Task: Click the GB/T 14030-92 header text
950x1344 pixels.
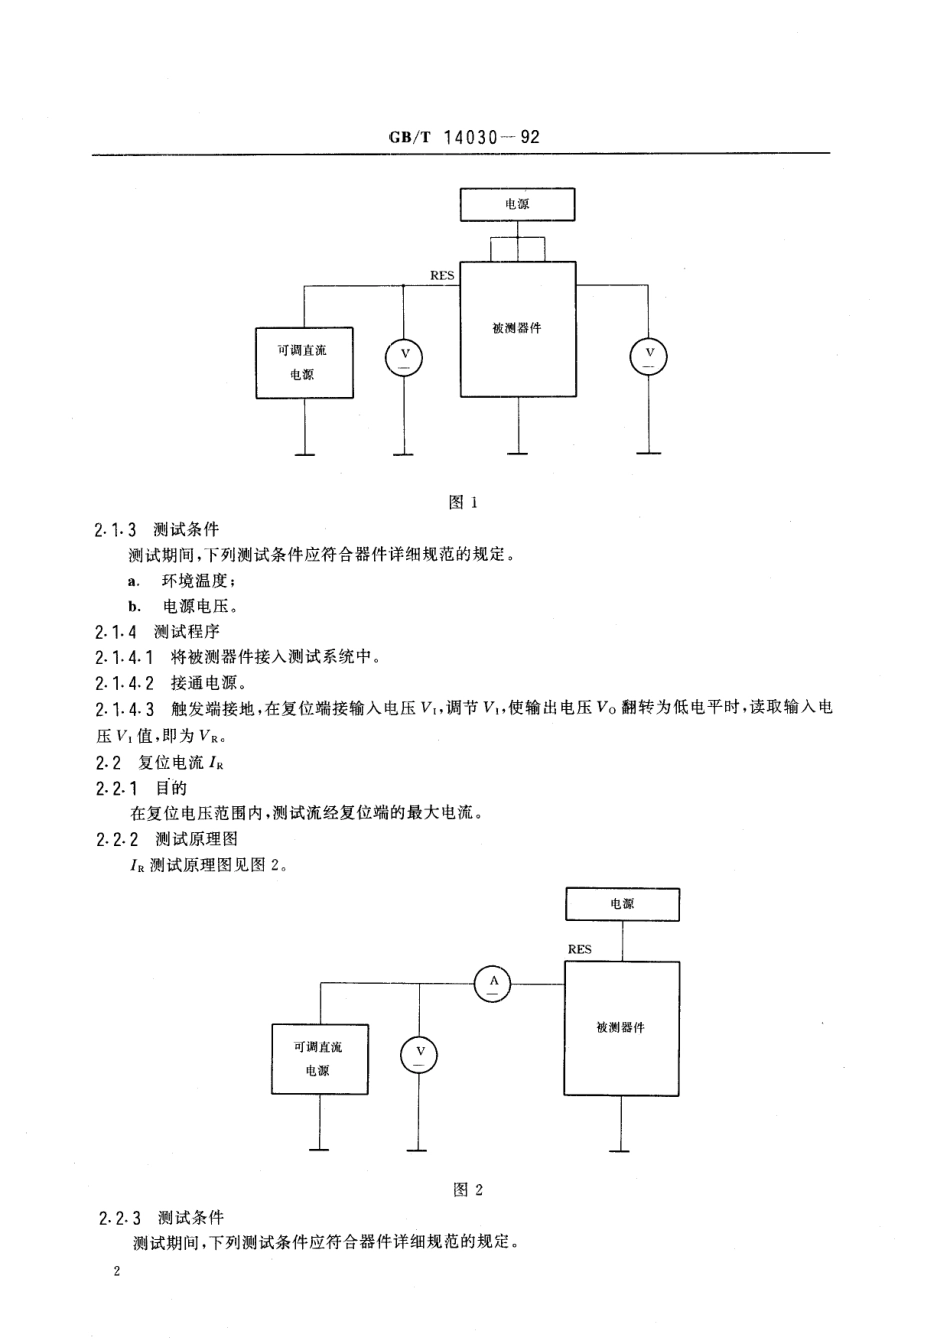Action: tap(462, 137)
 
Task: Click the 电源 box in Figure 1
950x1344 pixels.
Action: tap(517, 204)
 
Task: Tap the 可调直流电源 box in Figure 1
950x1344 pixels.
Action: tap(304, 362)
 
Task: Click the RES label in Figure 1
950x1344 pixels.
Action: tap(441, 274)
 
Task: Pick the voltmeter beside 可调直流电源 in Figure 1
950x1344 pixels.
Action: tap(404, 356)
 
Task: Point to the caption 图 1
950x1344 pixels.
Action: tap(463, 502)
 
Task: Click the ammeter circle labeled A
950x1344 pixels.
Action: tap(492, 983)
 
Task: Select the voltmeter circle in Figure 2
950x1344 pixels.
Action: tap(420, 1053)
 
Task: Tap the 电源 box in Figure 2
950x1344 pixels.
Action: tap(622, 903)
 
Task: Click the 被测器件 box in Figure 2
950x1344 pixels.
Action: tap(621, 1028)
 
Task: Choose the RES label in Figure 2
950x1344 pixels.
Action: tap(579, 949)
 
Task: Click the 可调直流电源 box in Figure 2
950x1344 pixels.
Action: tap(318, 1058)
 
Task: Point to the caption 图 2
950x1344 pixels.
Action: tap(467, 1189)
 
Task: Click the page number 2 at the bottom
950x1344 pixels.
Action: tap(117, 1273)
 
